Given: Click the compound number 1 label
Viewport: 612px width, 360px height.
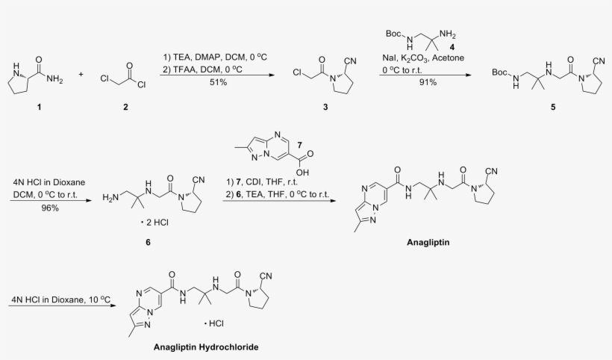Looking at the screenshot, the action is pos(39,107).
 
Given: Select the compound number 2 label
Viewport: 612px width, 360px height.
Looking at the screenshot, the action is pos(125,107).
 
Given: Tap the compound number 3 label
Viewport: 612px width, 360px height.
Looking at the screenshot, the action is pos(325,107).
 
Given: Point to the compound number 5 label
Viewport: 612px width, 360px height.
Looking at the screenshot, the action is pos(553,107).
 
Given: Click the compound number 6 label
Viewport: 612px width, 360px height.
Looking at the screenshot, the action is pos(148,242).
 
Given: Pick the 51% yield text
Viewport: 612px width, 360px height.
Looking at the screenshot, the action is pos(218,82).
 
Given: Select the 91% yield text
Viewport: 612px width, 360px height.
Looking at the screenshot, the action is pos(428,82).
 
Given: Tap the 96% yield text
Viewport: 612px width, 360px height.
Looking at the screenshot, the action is pos(50,208).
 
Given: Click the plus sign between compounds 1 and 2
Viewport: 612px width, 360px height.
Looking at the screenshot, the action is pos(81,74).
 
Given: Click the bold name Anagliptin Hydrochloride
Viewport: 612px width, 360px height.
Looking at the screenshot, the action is pos(206,347).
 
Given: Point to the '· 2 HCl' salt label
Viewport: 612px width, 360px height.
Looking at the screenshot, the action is pos(154,223).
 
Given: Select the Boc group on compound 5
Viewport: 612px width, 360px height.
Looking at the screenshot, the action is pos(499,72).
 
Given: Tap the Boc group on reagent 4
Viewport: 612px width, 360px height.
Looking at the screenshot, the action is pos(393,34).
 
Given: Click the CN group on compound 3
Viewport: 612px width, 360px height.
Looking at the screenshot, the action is pos(350,61).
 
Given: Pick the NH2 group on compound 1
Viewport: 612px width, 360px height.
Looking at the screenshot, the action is pos(54,79).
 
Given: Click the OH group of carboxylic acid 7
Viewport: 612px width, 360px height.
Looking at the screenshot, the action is pos(302,173).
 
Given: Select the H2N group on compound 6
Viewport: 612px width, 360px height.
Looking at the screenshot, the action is pos(110,198).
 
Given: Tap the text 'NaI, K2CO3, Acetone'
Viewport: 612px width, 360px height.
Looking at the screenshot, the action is pos(423,58).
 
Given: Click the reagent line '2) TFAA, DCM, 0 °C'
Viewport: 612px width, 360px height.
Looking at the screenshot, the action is pos(202,69).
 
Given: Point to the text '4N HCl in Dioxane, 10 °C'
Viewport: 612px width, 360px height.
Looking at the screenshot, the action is pos(61,300).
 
